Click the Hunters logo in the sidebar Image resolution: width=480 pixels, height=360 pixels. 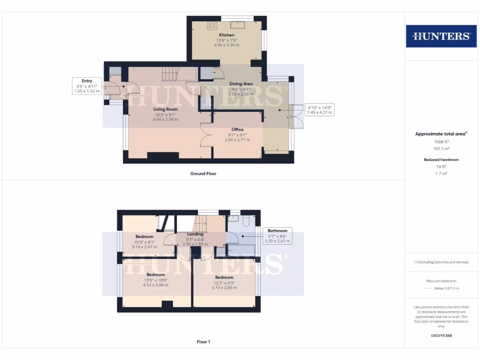pyautogui.click(x=441, y=36)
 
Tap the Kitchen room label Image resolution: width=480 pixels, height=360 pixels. pyautogui.click(x=226, y=35)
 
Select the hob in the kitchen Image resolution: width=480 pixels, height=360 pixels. pyautogui.click(x=212, y=26)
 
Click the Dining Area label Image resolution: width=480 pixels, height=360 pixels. pyautogui.click(x=241, y=84)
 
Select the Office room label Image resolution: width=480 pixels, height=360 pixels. pyautogui.click(x=237, y=129)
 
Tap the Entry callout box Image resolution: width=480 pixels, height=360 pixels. pyautogui.click(x=87, y=86)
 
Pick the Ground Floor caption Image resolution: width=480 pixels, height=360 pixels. pyautogui.click(x=203, y=173)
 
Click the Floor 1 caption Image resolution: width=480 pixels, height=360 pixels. pyautogui.click(x=203, y=342)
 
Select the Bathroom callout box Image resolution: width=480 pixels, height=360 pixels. pyautogui.click(x=277, y=236)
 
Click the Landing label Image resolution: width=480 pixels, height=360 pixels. pyautogui.click(x=195, y=234)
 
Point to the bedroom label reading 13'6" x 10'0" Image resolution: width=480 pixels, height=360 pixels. pyautogui.click(x=156, y=279)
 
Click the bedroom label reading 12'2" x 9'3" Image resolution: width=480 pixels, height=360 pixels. pyautogui.click(x=224, y=282)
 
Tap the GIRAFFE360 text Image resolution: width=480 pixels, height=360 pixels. pyautogui.click(x=441, y=336)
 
